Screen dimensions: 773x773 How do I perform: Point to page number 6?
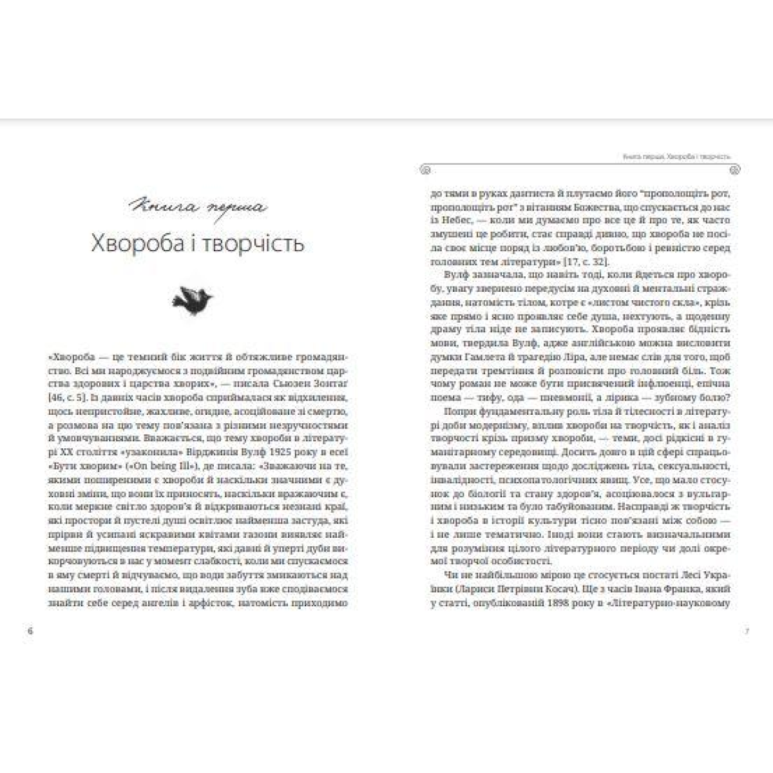click(x=30, y=631)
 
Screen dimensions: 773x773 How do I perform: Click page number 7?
click(x=746, y=631)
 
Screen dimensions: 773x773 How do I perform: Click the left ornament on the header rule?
click(x=425, y=170)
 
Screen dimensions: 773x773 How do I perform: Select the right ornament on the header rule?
click(x=735, y=170)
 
